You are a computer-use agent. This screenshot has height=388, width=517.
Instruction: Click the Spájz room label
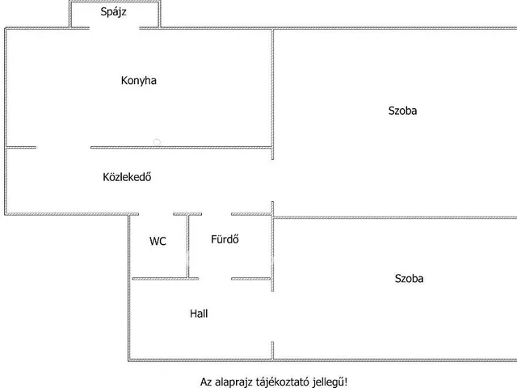[x=114, y=12]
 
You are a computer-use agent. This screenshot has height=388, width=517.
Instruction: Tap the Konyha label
[x=138, y=80]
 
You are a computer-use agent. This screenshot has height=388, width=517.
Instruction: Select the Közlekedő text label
[x=128, y=178]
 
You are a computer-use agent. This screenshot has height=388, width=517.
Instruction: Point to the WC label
[x=158, y=241]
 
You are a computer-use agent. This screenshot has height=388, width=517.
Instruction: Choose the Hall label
[x=199, y=313]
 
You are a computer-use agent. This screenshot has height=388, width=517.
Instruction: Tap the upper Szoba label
[x=402, y=111]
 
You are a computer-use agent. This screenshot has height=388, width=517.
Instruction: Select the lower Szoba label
[x=409, y=278]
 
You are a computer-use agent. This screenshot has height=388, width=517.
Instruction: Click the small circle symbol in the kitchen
[x=157, y=142]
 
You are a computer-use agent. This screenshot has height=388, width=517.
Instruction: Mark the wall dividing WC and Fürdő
[x=188, y=246]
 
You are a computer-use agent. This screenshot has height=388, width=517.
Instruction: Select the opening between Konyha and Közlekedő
[x=63, y=147]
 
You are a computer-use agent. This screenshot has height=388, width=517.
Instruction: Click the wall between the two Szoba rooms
[x=396, y=217]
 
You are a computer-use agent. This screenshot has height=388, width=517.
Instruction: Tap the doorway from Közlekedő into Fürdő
[x=216, y=214]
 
